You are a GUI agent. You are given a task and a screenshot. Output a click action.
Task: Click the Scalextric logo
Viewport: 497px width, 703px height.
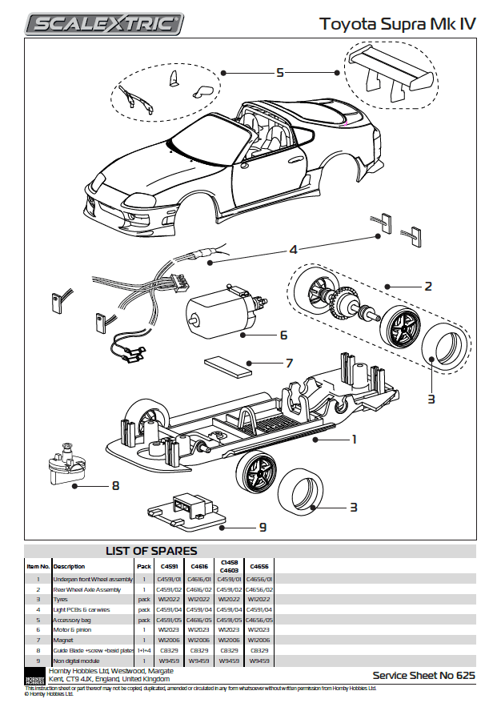click(103, 24)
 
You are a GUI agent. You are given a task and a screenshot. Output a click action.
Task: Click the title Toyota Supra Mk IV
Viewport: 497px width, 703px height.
click(398, 24)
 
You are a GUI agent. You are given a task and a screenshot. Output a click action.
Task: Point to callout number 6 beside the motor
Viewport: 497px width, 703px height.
click(283, 335)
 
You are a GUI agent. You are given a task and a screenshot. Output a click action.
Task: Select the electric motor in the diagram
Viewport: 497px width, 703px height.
click(219, 312)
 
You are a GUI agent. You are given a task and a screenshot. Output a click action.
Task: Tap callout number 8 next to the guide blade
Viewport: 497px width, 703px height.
click(115, 485)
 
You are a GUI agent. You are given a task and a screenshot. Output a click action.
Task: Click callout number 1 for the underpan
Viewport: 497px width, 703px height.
click(353, 439)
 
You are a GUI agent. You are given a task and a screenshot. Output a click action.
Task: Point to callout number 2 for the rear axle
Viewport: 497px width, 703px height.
click(428, 286)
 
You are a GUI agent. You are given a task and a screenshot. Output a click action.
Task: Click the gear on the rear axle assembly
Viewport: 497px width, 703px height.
click(347, 299)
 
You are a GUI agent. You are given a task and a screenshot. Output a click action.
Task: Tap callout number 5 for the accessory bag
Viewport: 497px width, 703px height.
click(280, 73)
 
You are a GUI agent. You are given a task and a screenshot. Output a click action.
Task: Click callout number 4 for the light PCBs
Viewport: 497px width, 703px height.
click(294, 250)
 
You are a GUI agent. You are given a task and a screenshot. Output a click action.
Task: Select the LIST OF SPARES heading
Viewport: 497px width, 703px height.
click(151, 551)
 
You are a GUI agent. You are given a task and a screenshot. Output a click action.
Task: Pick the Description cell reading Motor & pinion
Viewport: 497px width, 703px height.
click(75, 630)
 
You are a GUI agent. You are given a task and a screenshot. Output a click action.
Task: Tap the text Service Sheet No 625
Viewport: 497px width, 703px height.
click(423, 676)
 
